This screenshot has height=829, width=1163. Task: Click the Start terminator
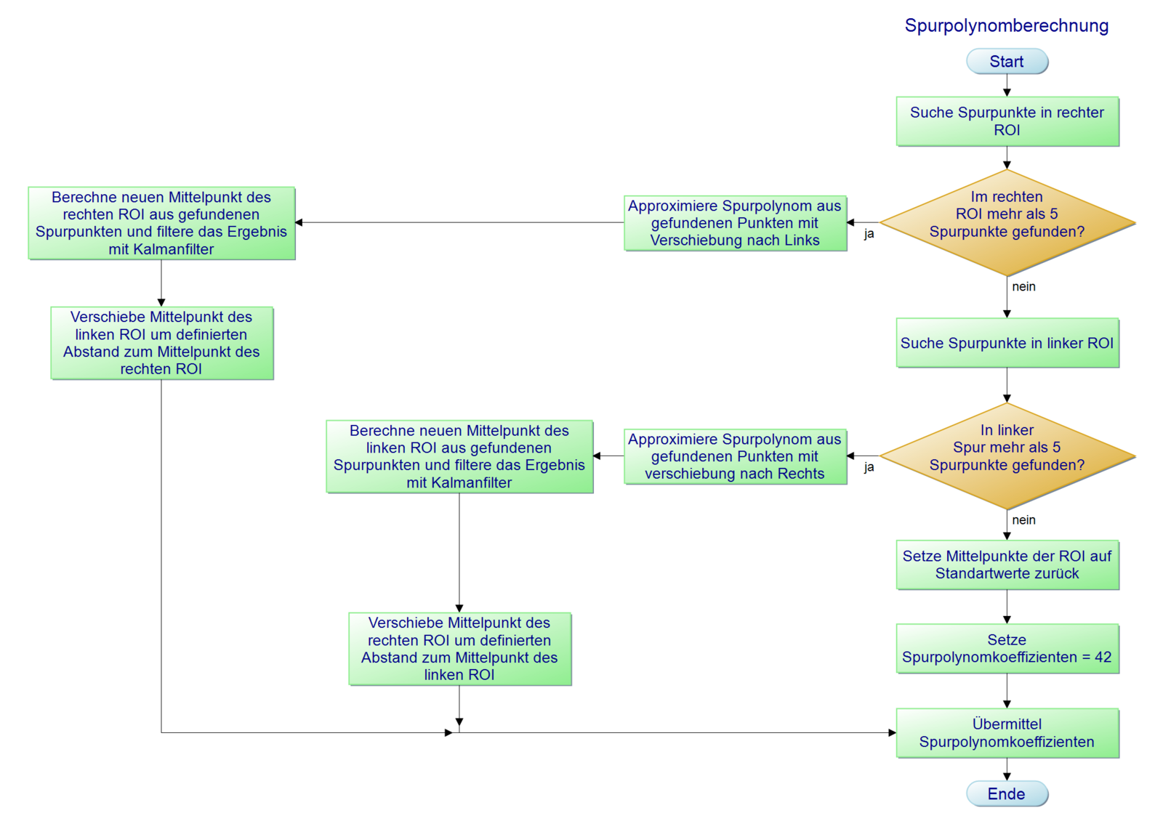1007,62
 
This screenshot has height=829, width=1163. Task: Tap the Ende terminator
1007,794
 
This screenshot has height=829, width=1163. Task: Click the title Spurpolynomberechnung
1007,26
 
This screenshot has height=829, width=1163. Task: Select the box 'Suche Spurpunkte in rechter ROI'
1007,121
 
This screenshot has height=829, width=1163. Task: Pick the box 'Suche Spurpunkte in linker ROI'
1007,343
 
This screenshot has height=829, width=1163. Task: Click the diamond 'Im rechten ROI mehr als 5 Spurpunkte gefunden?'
1007,222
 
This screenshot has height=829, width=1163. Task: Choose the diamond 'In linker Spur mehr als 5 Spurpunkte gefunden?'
1007,456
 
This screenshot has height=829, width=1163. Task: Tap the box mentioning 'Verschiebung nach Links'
735,223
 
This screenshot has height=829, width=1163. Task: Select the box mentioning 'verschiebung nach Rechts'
735,456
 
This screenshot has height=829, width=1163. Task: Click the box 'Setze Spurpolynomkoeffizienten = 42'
1007,649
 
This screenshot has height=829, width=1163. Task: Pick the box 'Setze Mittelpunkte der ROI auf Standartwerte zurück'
1007,565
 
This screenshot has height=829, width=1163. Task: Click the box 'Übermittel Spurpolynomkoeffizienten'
1007,733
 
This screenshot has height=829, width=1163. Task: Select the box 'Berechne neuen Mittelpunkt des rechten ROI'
161,223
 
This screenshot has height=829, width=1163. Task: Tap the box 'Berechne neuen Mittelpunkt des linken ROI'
459,456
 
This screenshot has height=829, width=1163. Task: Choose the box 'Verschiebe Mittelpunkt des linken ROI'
161,343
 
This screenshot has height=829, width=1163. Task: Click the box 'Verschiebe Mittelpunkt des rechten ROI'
459,649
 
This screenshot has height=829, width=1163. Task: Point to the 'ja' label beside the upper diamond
869,234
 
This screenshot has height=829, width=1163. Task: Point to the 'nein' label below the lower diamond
1023,520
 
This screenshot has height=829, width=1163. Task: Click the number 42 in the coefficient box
1103,658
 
